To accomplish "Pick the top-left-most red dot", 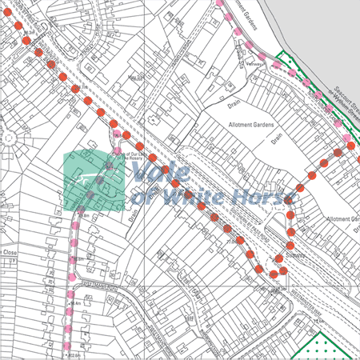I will tap(14, 23).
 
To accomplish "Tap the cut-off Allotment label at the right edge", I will tap(345, 218).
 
